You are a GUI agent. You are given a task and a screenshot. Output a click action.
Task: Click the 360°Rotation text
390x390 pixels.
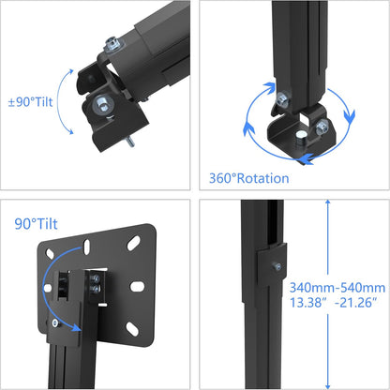(x=247, y=177)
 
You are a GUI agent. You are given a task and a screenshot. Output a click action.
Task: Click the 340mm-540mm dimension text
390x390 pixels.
(x=337, y=288)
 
